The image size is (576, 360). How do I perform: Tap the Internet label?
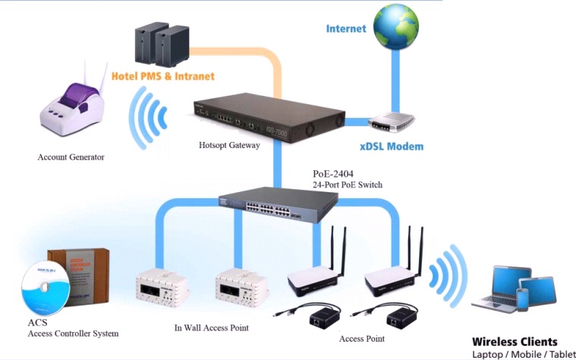coord(346,29)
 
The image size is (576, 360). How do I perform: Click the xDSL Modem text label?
coord(391,147)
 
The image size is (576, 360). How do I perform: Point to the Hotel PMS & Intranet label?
coord(163,76)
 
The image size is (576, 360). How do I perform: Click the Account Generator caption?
coord(71,157)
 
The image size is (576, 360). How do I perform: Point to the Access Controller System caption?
coord(73,333)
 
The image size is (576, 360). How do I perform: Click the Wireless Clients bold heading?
coord(515,342)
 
